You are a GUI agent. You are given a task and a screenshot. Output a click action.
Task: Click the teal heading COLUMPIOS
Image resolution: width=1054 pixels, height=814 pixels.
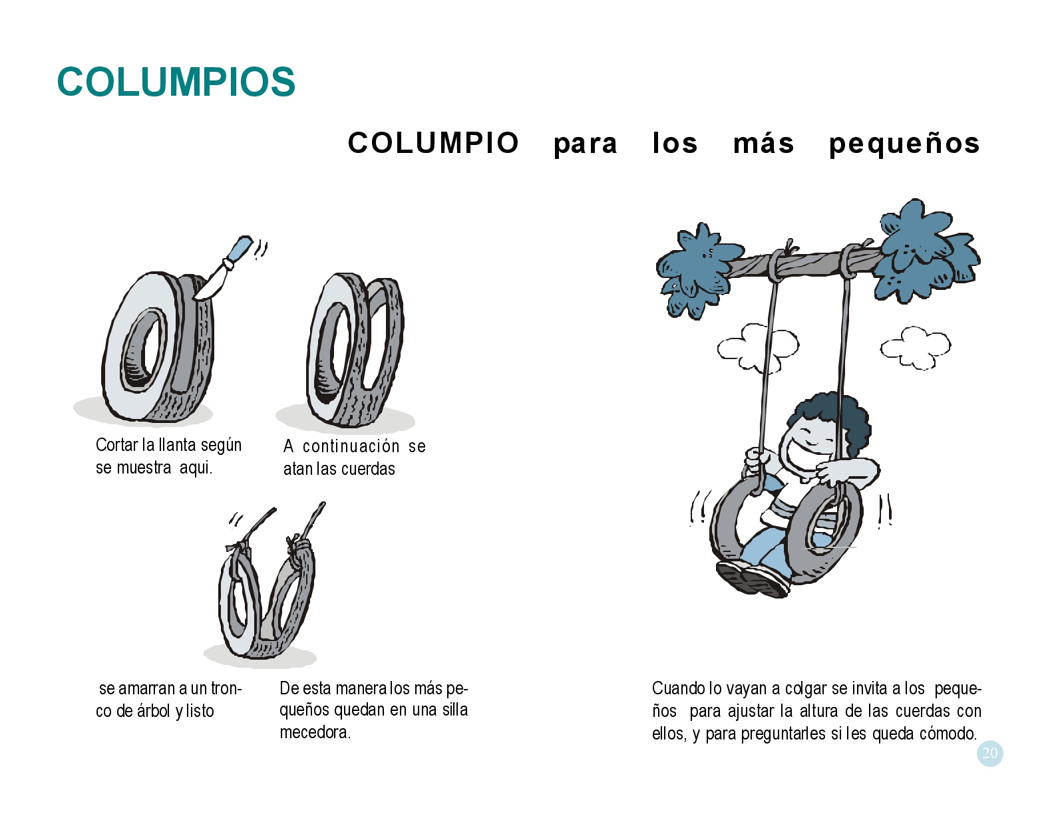176,81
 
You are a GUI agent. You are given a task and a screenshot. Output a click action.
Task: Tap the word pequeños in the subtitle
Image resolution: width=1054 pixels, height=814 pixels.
904,144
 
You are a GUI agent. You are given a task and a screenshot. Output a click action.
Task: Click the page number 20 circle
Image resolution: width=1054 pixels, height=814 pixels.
989,753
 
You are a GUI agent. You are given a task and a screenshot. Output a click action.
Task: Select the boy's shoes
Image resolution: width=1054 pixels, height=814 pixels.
753,579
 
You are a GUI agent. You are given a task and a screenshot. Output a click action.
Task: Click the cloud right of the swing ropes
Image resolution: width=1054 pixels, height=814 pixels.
916,348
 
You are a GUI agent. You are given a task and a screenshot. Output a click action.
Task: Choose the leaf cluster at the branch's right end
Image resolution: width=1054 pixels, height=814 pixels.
924,252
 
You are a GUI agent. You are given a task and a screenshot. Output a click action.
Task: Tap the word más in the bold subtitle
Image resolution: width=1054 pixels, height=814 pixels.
763,144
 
